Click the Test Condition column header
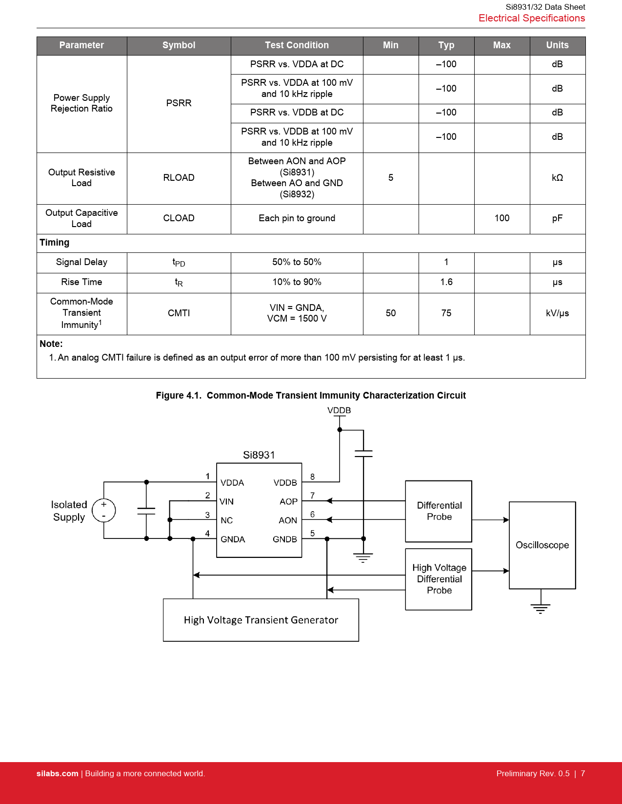click(297, 45)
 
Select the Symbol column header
click(179, 45)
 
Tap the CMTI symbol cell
click(179, 313)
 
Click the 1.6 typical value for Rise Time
click(446, 282)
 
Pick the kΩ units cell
click(557, 177)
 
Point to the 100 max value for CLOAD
click(502, 218)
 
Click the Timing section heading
click(55, 242)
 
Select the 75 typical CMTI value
click(446, 313)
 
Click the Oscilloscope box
click(542, 545)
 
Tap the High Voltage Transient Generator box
click(261, 620)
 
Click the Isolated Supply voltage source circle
click(104, 511)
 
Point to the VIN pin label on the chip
click(226, 501)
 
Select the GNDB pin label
click(284, 539)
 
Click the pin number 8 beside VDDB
click(312, 477)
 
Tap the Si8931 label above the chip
click(259, 455)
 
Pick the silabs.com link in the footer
click(58, 773)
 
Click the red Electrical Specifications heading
click(532, 18)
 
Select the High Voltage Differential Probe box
click(439, 579)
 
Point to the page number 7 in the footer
click(583, 773)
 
